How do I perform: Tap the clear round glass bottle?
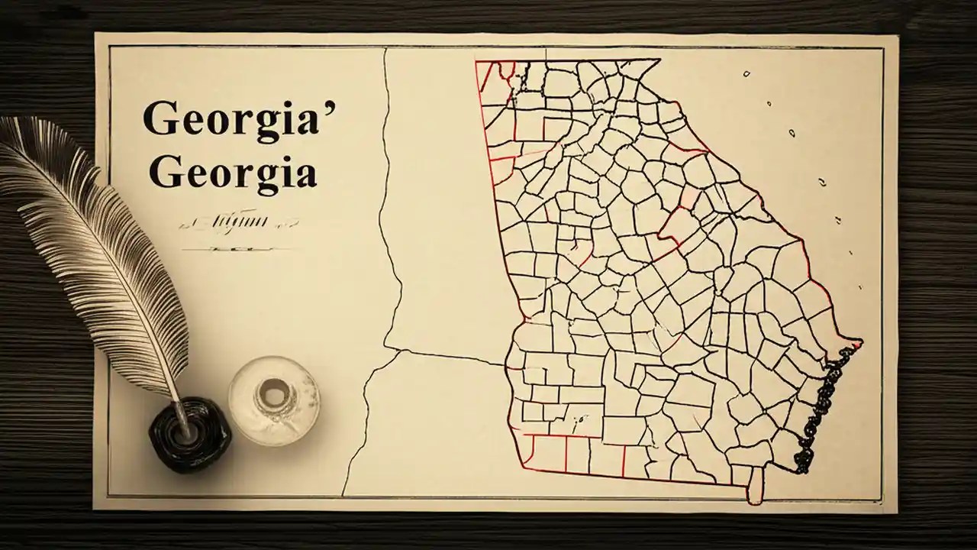pos(273,400)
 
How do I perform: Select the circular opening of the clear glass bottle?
pos(273,394)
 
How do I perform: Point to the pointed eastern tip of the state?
pos(861,342)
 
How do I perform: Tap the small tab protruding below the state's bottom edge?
pos(755,488)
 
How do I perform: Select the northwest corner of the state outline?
pos(476,63)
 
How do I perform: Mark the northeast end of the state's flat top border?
pos(659,60)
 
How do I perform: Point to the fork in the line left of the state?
pos(398,351)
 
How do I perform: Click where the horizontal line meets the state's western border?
pos(506,364)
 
